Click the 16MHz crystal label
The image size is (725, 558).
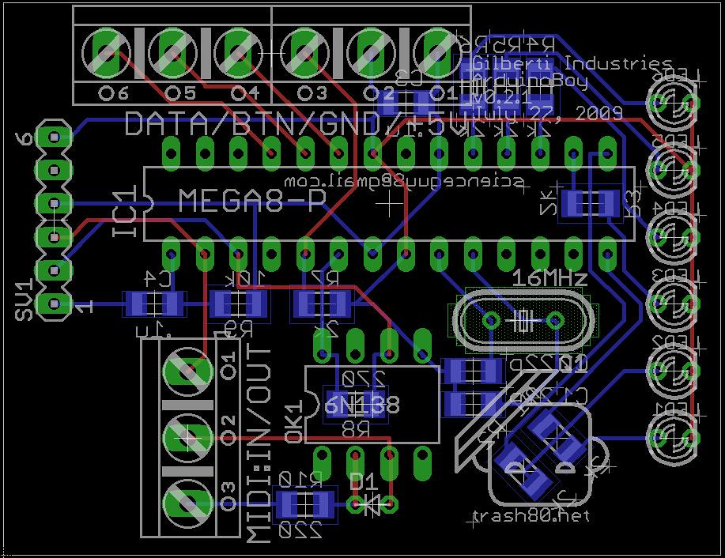coord(550,278)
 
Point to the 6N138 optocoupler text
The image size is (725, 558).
coord(362,405)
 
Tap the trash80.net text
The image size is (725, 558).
coord(531,516)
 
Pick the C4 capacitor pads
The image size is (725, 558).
coord(153,304)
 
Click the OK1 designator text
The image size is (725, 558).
coord(293,423)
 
